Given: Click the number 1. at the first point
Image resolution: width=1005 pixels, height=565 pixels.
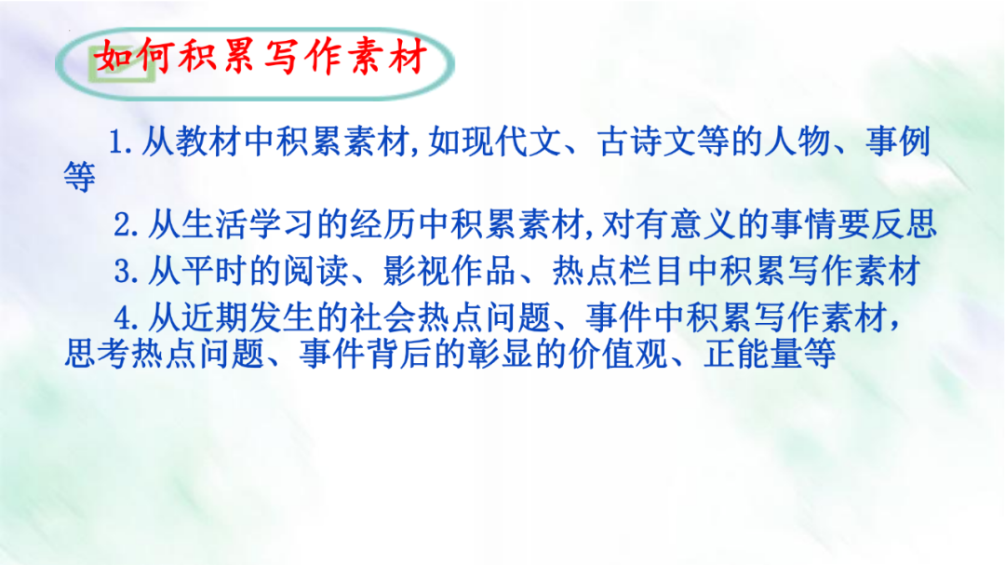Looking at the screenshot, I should click(x=123, y=142).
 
